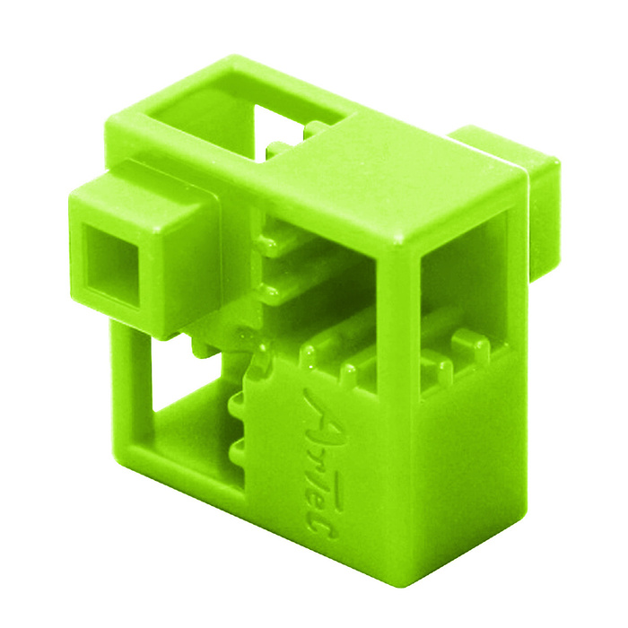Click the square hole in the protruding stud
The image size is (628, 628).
point(113,266)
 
